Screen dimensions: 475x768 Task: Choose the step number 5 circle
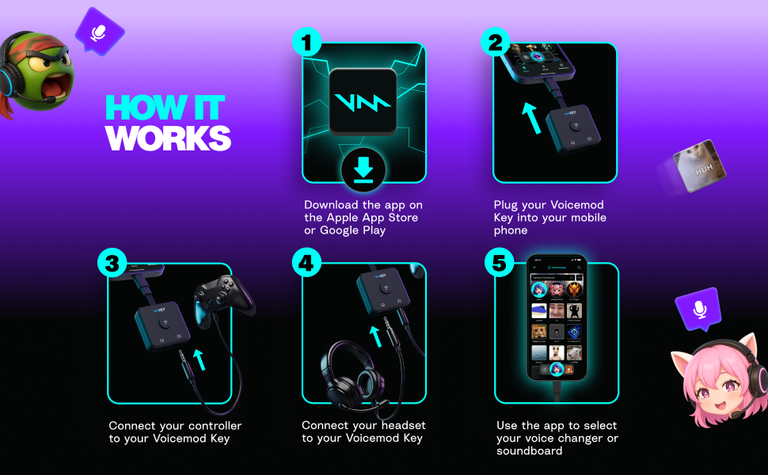point(500,263)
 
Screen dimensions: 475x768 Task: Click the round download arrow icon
point(363,169)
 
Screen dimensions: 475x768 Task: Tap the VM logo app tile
point(363,101)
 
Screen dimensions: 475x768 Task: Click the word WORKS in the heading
point(168,138)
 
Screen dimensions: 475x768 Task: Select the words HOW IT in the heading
point(165,108)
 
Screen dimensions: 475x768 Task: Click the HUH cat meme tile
point(699,167)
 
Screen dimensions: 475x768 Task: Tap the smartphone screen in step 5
point(557,317)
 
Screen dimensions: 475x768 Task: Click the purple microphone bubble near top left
point(99,32)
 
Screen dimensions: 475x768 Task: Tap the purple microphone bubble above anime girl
point(697,308)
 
